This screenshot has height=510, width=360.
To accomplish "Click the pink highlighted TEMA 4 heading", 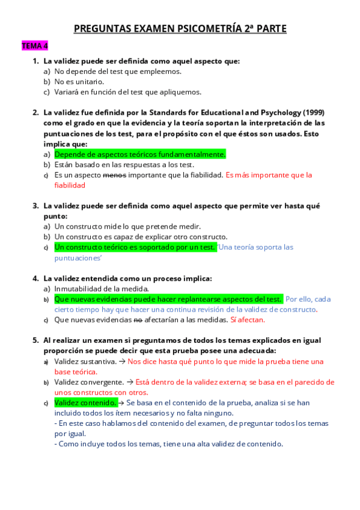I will [x=34, y=46].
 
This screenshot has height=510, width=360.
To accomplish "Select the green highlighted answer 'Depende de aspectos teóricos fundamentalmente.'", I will [x=139, y=155].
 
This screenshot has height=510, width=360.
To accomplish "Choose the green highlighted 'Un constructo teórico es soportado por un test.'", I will [x=135, y=247].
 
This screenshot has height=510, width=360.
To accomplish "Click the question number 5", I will [x=35, y=340].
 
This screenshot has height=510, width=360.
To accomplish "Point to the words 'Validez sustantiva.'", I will [x=85, y=361].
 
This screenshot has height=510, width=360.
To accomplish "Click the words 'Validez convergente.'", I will [x=88, y=382].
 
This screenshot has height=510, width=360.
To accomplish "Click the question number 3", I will [x=35, y=206].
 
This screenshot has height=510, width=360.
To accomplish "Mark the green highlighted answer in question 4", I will [x=168, y=299].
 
